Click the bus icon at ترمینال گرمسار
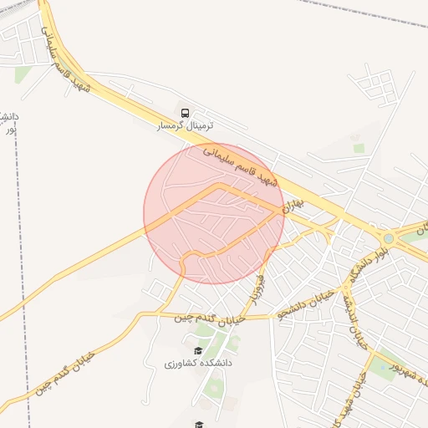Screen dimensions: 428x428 coord(184,112)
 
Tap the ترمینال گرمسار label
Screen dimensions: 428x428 coord(186,125)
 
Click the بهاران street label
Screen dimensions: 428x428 coord(293,201)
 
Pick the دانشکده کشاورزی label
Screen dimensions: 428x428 coord(198,364)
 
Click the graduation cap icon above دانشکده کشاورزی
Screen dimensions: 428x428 coord(198,351)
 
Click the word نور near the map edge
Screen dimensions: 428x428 coord(10,130)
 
